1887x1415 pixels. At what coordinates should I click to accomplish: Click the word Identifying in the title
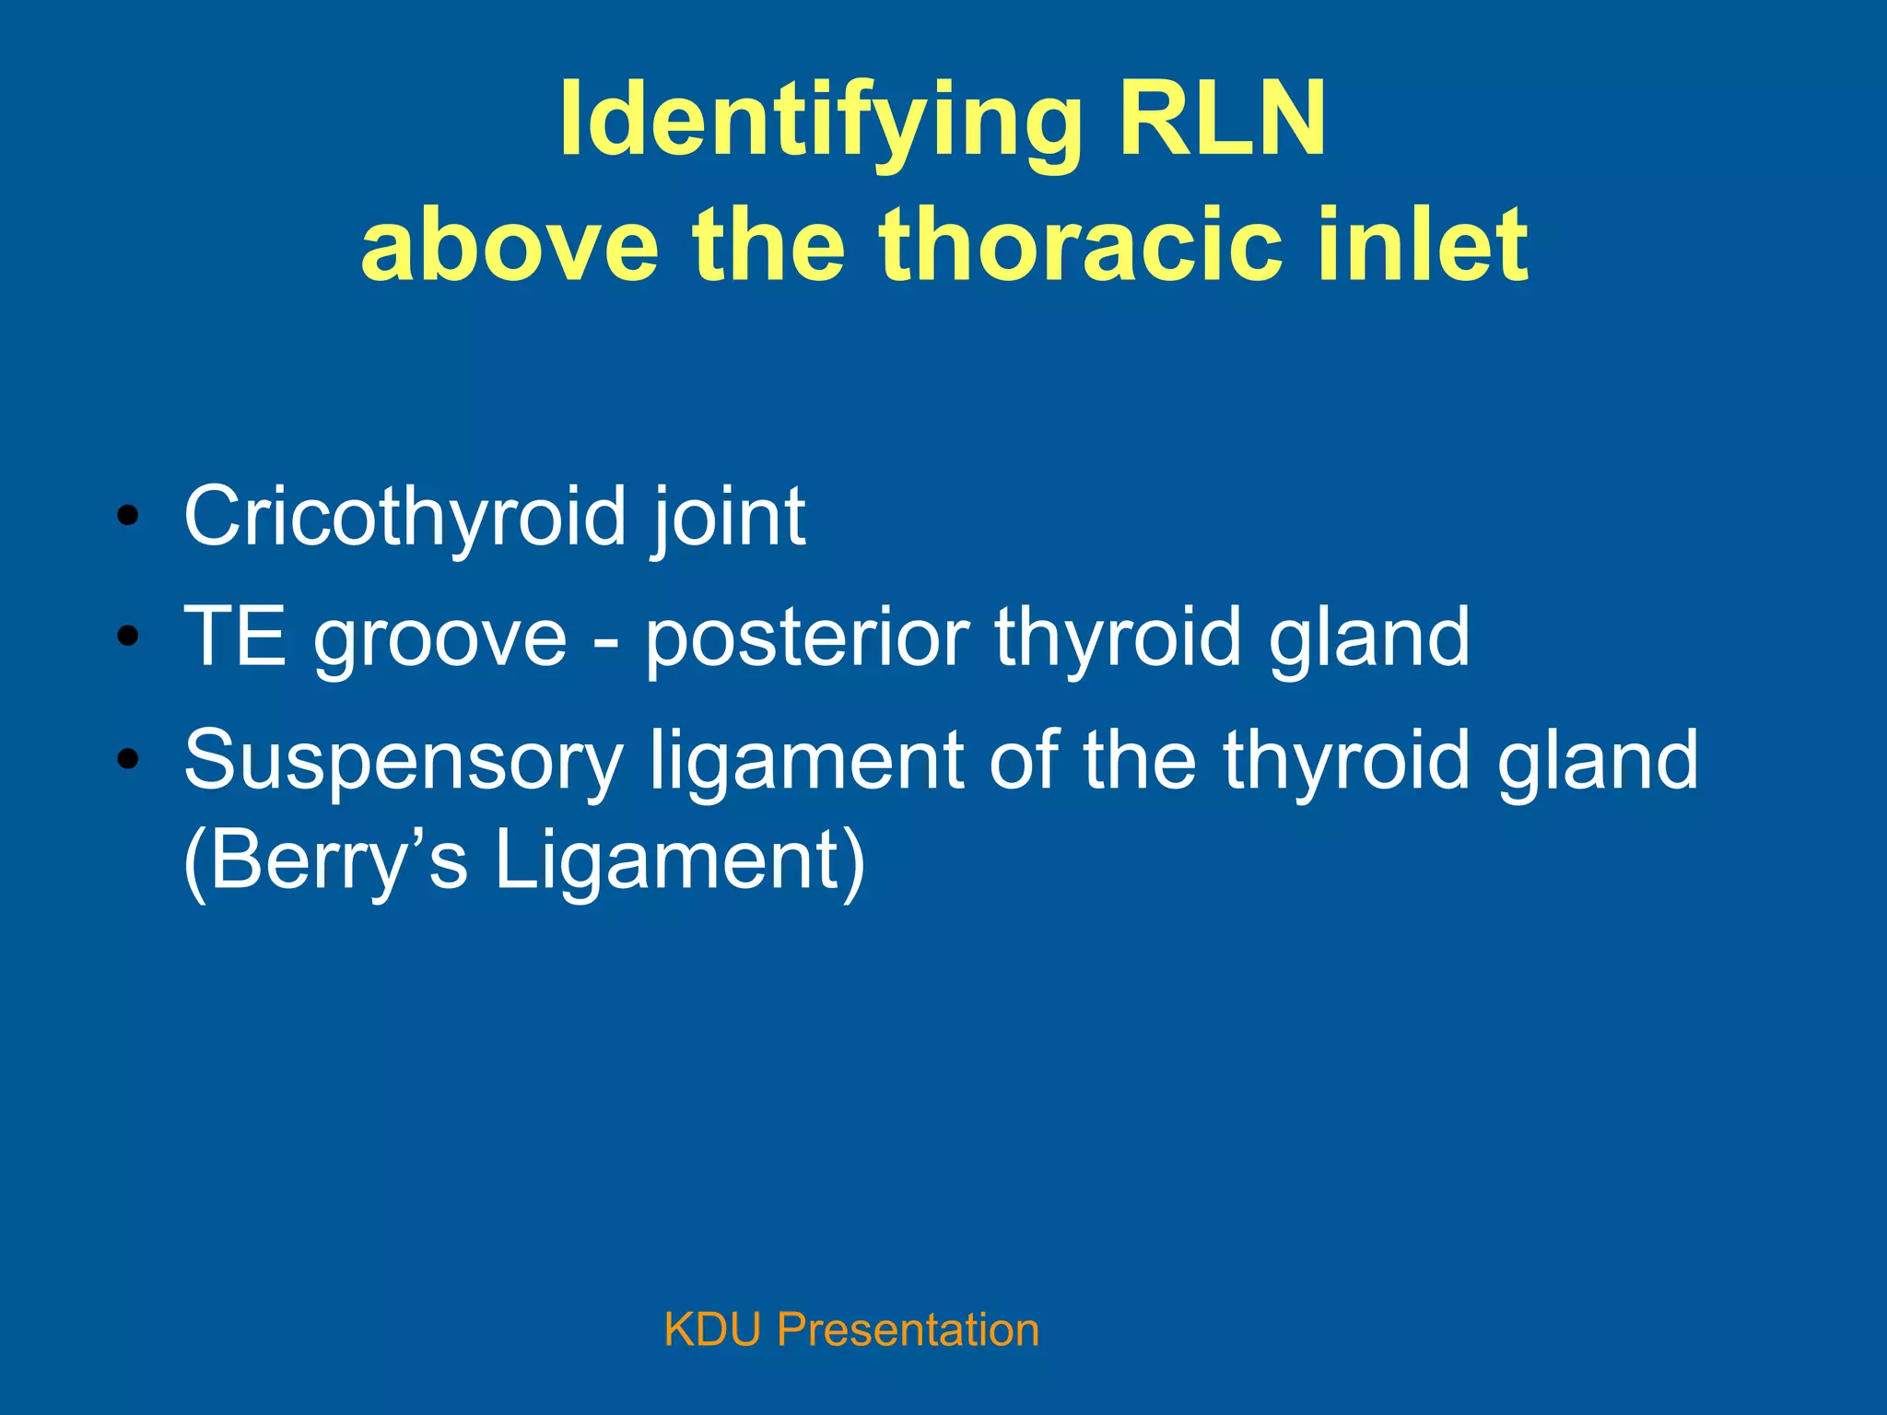820,120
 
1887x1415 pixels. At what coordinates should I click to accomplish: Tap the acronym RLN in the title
1222,120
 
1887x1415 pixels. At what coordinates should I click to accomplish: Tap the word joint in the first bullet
728,518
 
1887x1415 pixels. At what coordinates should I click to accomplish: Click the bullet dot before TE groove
128,637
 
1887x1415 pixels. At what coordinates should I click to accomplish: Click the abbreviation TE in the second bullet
235,637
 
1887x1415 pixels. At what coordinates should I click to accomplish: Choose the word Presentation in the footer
908,1330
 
